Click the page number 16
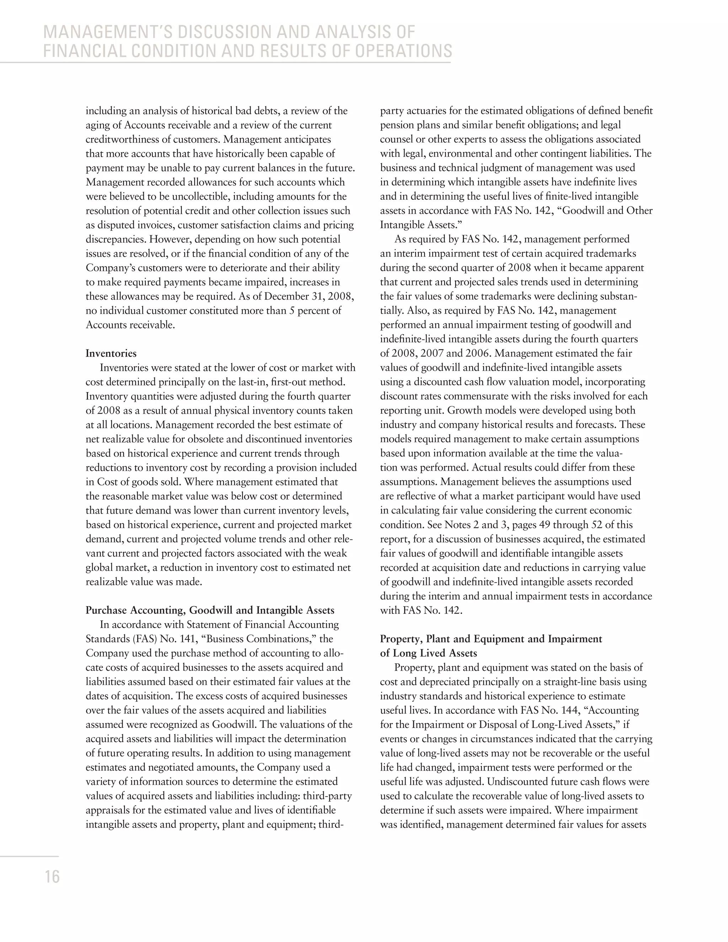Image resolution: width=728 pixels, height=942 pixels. (52, 877)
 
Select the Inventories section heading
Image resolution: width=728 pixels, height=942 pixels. (111, 353)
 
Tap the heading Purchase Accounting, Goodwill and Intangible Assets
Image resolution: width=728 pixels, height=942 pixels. (210, 610)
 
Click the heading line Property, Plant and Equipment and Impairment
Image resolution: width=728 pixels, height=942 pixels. (491, 638)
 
